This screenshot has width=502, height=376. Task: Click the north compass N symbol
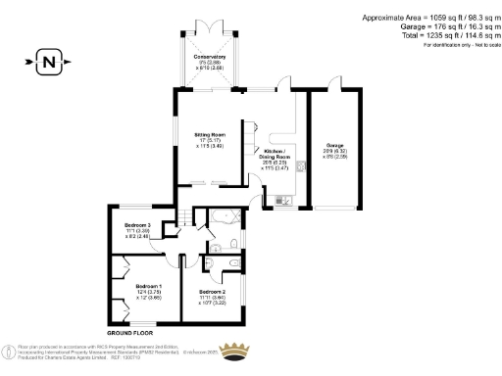48,65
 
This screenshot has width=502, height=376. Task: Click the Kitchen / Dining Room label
276,154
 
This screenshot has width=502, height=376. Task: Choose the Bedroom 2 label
212,292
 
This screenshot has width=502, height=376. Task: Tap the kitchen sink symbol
282,200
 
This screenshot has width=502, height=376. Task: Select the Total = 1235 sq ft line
437,35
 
